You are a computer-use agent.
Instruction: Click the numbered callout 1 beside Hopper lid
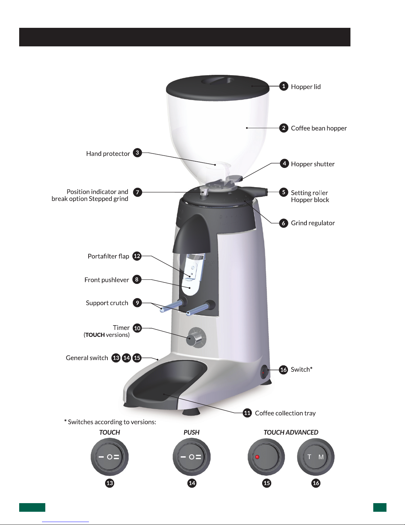pos(284,86)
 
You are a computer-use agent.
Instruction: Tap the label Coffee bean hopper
pos(319,128)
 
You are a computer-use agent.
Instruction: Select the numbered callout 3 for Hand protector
pos(137,153)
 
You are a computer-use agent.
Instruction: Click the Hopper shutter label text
pos(312,164)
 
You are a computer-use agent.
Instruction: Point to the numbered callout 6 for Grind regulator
pos(283,223)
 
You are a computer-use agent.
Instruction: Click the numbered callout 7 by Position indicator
pos(138,192)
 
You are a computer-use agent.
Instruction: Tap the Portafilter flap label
pos(108,256)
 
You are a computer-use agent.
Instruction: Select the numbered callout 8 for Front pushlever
pos(137,280)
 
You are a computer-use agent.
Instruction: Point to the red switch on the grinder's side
pos(264,373)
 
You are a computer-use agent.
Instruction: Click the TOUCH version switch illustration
pos(110,457)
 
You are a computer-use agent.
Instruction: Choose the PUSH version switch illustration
pos(191,457)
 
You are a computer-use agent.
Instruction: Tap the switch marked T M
pos(316,457)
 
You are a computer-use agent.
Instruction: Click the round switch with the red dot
pos(266,457)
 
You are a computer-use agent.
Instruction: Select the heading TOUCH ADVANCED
pos(291,432)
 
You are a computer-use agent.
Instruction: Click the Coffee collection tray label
pos(285,413)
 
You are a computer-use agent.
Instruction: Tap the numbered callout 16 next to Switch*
pos(283,370)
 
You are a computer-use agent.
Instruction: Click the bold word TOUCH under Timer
pos(95,335)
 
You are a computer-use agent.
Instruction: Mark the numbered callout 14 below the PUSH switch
pos(192,483)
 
